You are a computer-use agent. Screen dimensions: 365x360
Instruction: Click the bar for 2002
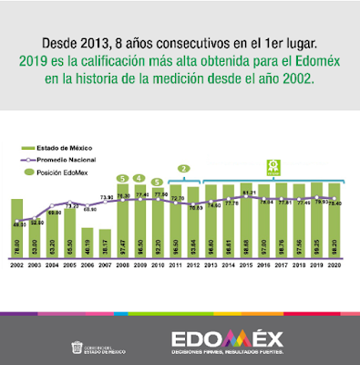[x=17, y=229]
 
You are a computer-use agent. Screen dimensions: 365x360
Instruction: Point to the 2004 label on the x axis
[x=52, y=266]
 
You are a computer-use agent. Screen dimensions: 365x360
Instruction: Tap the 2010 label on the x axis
[x=158, y=266]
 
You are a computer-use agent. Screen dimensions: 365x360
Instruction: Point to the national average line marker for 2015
[x=244, y=196]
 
